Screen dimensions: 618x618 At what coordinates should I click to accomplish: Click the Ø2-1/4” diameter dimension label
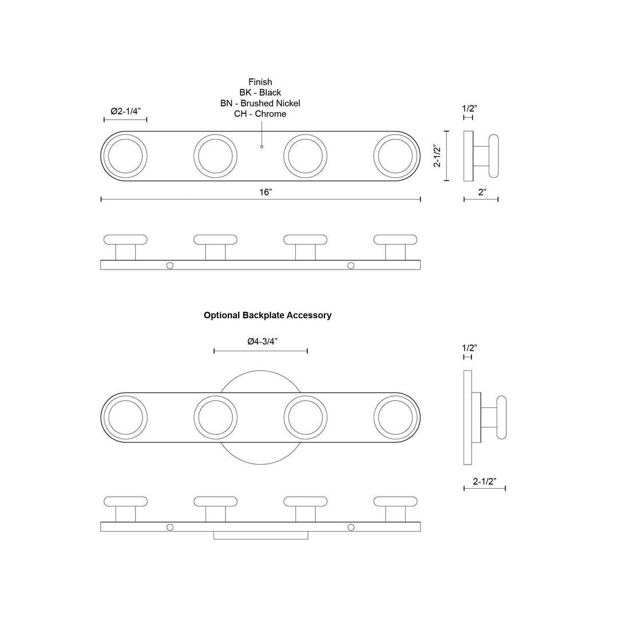(x=126, y=111)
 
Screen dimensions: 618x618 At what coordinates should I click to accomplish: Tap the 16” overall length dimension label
(x=266, y=192)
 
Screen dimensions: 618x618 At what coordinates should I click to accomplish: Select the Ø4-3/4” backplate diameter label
(x=263, y=341)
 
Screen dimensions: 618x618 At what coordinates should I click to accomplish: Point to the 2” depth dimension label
(x=482, y=192)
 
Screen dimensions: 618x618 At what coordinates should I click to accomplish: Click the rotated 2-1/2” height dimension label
(x=438, y=156)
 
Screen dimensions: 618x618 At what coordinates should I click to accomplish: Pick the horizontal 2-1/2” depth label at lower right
(x=485, y=481)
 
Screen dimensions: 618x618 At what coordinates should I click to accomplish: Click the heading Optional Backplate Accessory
(x=268, y=315)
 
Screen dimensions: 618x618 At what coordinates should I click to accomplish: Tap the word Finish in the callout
(x=260, y=82)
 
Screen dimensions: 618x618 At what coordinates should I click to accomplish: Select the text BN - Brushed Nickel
(x=260, y=103)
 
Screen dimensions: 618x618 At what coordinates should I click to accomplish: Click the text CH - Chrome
(x=260, y=114)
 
